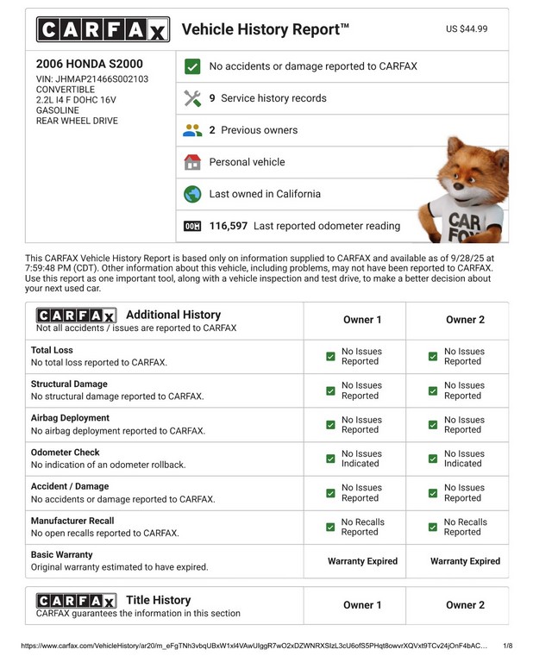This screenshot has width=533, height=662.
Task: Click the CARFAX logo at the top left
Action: pyautogui.click(x=103, y=30)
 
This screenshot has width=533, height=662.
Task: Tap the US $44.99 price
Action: pyautogui.click(x=467, y=29)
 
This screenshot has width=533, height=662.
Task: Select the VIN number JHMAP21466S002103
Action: pyautogui.click(x=92, y=79)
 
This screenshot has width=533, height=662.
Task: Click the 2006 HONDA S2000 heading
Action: pyautogui.click(x=90, y=64)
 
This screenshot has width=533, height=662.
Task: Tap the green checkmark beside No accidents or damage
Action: pyautogui.click(x=192, y=66)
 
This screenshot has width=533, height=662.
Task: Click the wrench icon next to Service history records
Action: pyautogui.click(x=192, y=98)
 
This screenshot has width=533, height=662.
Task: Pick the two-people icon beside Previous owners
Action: pyautogui.click(x=192, y=130)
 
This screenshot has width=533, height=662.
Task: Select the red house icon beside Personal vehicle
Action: pyautogui.click(x=192, y=162)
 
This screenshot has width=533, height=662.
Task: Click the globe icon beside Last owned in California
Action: pyautogui.click(x=192, y=194)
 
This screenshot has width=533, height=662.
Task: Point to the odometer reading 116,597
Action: pyautogui.click(x=229, y=226)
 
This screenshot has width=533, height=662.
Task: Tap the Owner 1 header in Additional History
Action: pyautogui.click(x=362, y=320)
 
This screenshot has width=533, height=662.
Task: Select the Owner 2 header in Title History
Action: pyautogui.click(x=465, y=605)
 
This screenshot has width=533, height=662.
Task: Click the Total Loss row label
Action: pyautogui.click(x=53, y=351)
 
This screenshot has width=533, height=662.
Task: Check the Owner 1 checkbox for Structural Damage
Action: pyautogui.click(x=330, y=390)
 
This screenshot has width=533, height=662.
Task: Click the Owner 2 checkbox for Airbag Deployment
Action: pyautogui.click(x=433, y=425)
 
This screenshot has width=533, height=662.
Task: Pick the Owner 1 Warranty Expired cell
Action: pyautogui.click(x=362, y=561)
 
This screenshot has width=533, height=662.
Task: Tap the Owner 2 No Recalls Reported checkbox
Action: pyautogui.click(x=433, y=527)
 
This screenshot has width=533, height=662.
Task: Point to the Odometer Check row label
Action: pyautogui.click(x=66, y=453)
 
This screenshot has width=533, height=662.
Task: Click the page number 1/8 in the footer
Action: pyautogui.click(x=507, y=646)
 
